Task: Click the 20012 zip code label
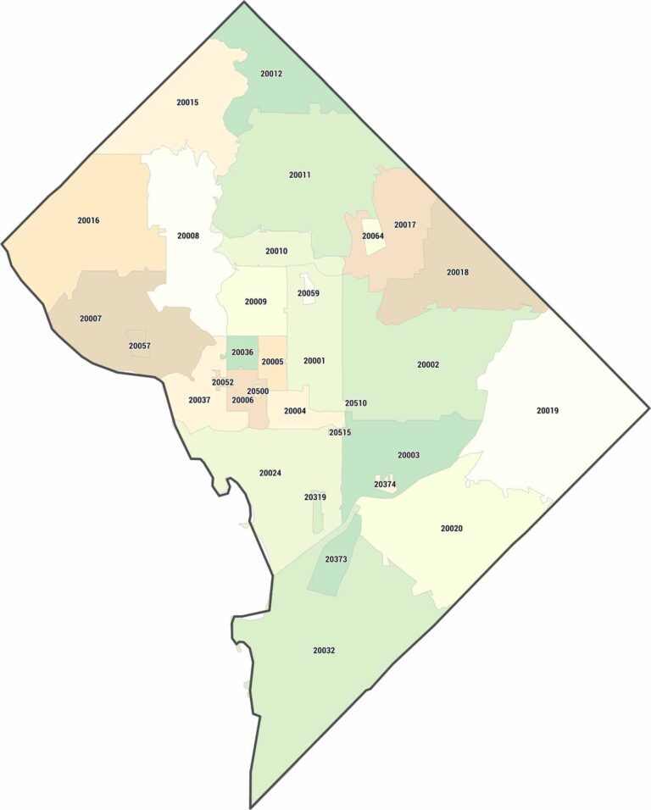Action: coord(271,74)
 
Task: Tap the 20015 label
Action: coord(187,103)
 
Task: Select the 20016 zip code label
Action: coord(88,220)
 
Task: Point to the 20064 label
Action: coord(373,236)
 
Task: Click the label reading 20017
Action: coord(405,225)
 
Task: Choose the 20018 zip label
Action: coord(458,272)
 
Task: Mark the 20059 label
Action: coord(309,293)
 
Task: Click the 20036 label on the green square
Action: coord(242,352)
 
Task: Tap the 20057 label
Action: coord(140,346)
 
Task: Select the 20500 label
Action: coord(258,391)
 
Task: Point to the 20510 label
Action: coord(356,403)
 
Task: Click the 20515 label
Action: coord(340,432)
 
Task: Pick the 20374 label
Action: coord(385,485)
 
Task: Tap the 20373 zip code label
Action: coord(337,559)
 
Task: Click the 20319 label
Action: coord(314,497)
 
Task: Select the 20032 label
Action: coord(324,651)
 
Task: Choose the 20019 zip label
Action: coord(548,411)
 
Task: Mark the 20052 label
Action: coord(223,382)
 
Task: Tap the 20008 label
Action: coord(188,236)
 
